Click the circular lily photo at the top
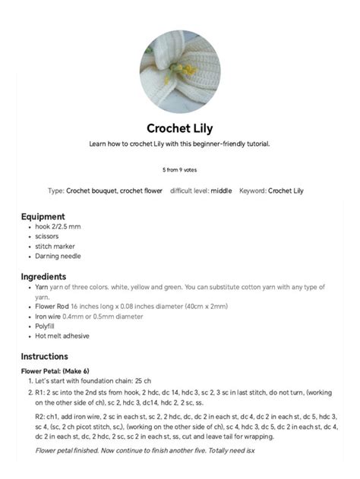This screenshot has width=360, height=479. click(x=179, y=72)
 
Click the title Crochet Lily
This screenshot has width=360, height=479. click(x=179, y=128)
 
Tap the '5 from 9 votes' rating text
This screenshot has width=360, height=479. click(x=179, y=170)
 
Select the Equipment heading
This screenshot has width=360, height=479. click(x=43, y=216)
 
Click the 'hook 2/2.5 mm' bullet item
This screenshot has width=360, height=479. click(x=58, y=227)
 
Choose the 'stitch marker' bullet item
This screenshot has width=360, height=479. click(x=55, y=247)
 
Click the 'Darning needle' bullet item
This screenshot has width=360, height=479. click(x=58, y=257)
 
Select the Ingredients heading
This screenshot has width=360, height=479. click(x=43, y=276)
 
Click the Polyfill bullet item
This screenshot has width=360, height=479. click(x=47, y=326)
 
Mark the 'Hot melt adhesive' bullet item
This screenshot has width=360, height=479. click(x=62, y=336)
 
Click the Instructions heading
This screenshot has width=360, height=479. click(x=44, y=356)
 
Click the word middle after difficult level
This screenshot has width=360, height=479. click(x=221, y=191)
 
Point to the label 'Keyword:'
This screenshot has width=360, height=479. click(x=252, y=191)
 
